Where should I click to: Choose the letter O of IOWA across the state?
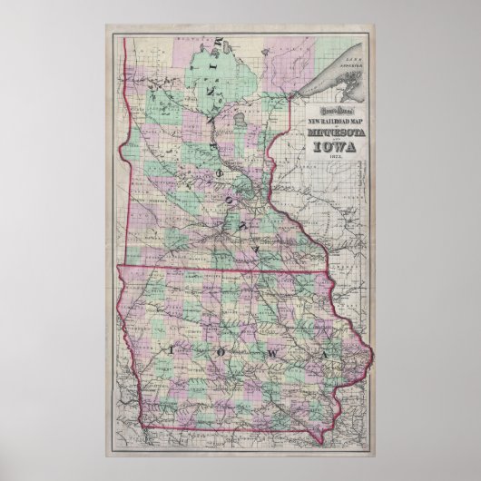[x=216, y=350]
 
